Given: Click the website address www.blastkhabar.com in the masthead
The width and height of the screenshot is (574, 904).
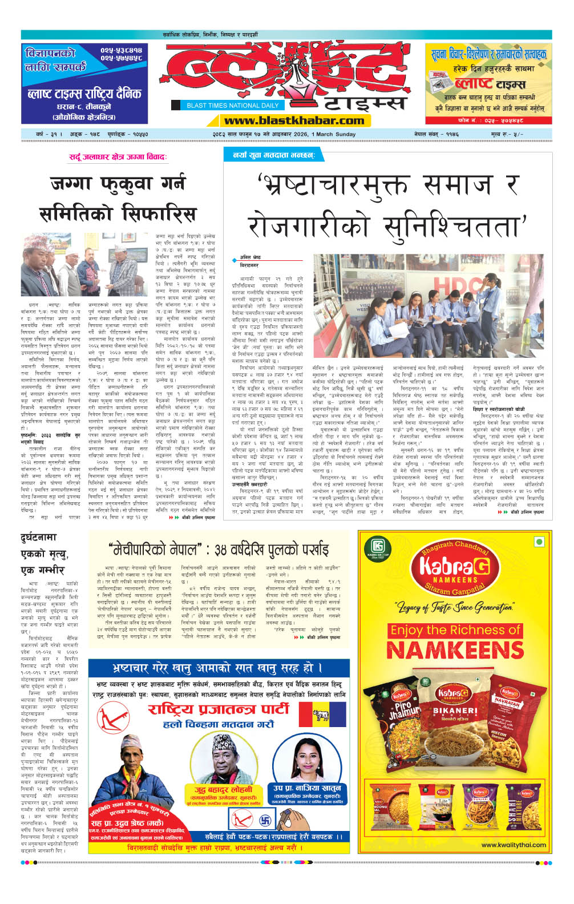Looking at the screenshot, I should pos(294,120).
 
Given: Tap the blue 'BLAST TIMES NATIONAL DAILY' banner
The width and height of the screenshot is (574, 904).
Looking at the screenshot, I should pos(232,105).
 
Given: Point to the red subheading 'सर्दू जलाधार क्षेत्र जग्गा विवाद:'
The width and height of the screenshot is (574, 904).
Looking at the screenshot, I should pos(118,156).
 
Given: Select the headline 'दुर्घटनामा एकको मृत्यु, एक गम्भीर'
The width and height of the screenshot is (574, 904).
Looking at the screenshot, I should pos(45,554).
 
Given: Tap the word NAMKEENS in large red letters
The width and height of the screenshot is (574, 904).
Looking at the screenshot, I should pos(455,650).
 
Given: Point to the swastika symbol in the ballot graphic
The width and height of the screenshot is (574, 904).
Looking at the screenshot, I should pos(265,821).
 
